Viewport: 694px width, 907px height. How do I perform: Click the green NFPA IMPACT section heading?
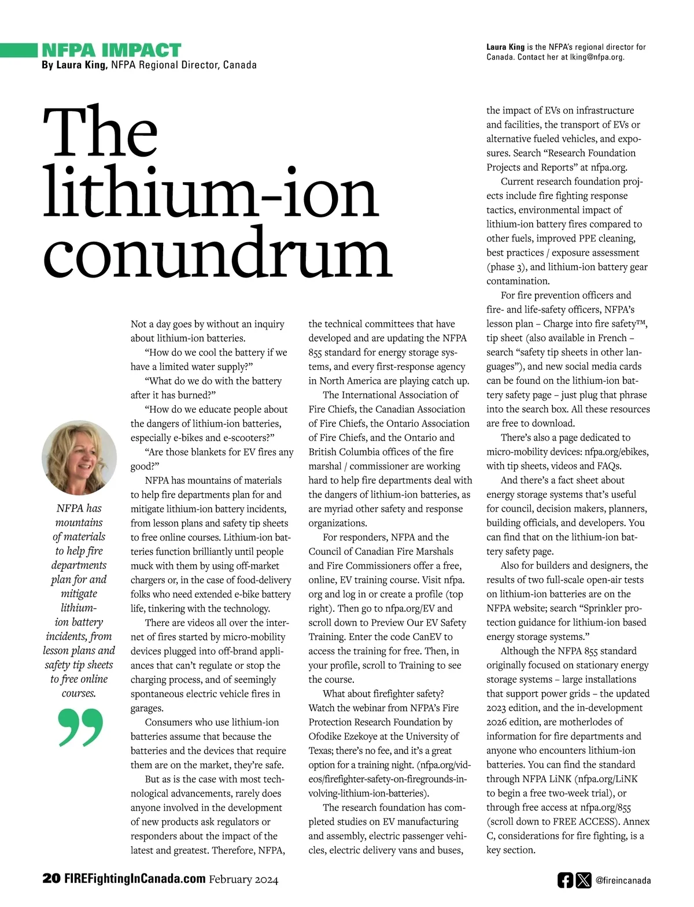click(112, 50)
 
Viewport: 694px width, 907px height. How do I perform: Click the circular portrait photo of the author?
click(79, 458)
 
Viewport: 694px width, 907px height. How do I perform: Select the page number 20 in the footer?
click(51, 879)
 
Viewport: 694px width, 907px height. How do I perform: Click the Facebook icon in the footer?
click(565, 880)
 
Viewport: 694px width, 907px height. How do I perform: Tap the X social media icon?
click(584, 880)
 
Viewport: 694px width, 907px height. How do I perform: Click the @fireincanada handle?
click(623, 880)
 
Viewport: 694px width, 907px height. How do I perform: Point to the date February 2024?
click(243, 879)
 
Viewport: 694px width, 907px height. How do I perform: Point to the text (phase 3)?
click(505, 266)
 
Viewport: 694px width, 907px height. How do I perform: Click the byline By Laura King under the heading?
click(74, 65)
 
